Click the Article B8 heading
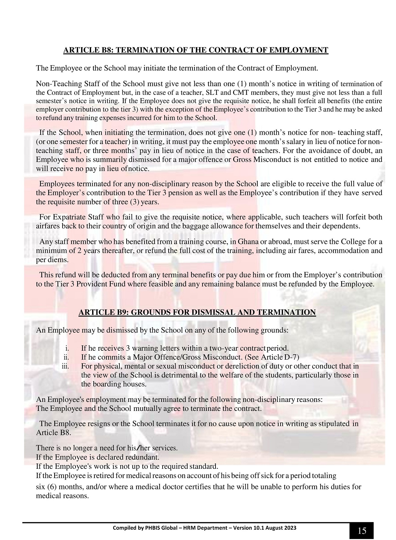[x=196, y=50]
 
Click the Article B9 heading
[x=197, y=312]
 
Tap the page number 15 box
[x=361, y=530]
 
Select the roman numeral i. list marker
[x=67, y=349]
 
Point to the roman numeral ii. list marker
[x=66, y=358]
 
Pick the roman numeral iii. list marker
[x=66, y=366]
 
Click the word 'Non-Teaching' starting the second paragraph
[x=55, y=84]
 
